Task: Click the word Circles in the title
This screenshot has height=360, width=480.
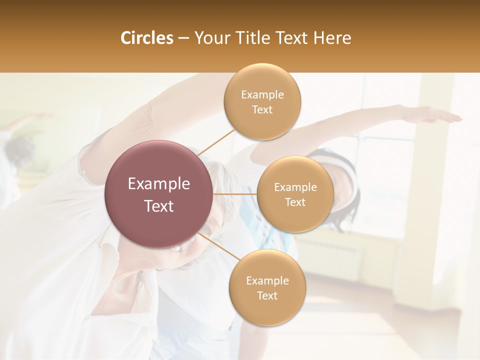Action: tap(146, 38)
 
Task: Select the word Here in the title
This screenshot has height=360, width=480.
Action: tap(332, 38)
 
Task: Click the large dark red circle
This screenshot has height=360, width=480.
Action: tap(159, 194)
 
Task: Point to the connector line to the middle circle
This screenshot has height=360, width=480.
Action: tap(235, 193)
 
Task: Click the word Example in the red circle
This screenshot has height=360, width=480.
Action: tap(159, 184)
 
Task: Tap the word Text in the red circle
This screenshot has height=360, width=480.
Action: tap(159, 206)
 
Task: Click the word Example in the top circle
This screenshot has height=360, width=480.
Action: tap(262, 94)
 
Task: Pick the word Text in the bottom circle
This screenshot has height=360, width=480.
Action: tap(267, 295)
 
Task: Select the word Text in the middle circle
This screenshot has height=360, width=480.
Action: tap(295, 202)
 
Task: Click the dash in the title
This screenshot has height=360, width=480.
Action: tap(183, 38)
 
